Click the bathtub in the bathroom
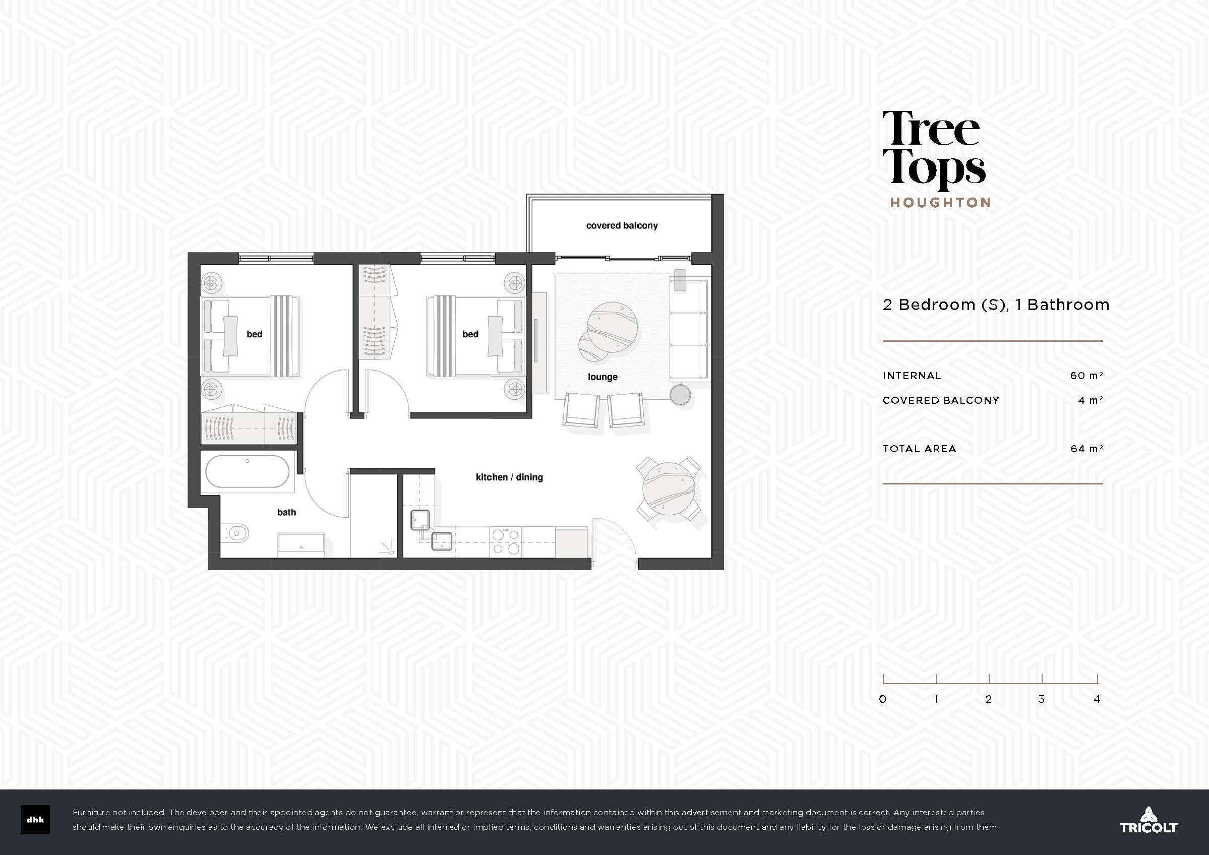coord(247,471)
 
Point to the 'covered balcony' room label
coord(622,225)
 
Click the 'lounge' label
coord(602,377)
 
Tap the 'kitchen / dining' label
coord(509,477)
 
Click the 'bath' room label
coord(286,512)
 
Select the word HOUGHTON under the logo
coord(940,203)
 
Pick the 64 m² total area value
coord(1086,449)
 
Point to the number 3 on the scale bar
coord(1041,699)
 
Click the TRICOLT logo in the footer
coord(1148,820)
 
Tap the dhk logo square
coord(35,820)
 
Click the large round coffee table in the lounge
coord(612,327)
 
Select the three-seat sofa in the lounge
coord(689,330)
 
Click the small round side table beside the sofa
coord(680,395)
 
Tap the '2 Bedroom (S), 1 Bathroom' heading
coord(996,305)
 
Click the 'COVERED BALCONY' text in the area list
coord(941,400)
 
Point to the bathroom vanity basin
coord(301,543)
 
